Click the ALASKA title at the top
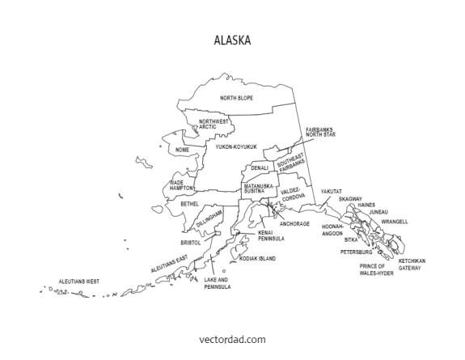pyautogui.click(x=232, y=39)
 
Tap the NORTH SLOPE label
pyautogui.click(x=237, y=98)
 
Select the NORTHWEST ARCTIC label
pyautogui.click(x=214, y=124)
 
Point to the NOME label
pyautogui.click(x=182, y=150)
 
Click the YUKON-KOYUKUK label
pyautogui.click(x=235, y=147)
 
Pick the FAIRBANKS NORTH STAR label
pyautogui.click(x=319, y=132)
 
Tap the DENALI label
pyautogui.click(x=260, y=168)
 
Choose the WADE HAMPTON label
pyautogui.click(x=182, y=185)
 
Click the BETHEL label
pyautogui.click(x=189, y=205)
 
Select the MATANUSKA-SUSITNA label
pyautogui.click(x=260, y=188)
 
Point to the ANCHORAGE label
pyautogui.click(x=294, y=223)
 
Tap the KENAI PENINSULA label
pyautogui.click(x=271, y=236)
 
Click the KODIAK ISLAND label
pyautogui.click(x=258, y=259)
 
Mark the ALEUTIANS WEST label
pyautogui.click(x=78, y=282)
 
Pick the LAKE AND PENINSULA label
pyautogui.click(x=218, y=283)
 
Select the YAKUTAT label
pyautogui.click(x=331, y=192)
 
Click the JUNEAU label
pyautogui.click(x=378, y=212)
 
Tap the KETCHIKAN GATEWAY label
pyautogui.click(x=411, y=264)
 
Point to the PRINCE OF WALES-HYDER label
pyautogui.click(x=377, y=270)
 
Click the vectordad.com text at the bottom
pyautogui.click(x=232, y=340)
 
